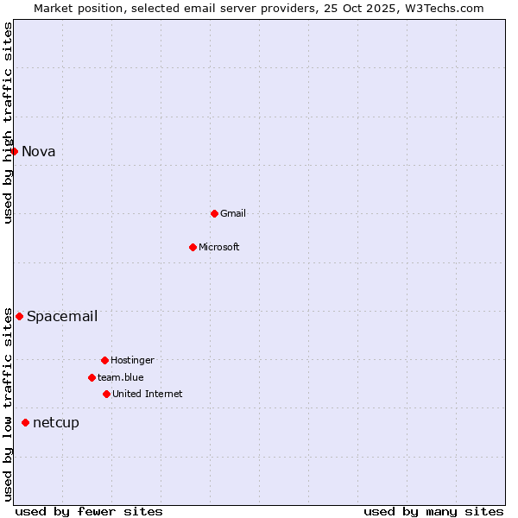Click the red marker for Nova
point(14,151)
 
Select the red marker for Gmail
point(214,213)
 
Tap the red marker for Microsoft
point(193,247)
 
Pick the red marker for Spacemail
point(19,316)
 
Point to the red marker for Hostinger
point(104,360)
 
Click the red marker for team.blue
point(92,377)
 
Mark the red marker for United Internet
point(106,394)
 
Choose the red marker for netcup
point(25,422)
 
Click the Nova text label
point(39,152)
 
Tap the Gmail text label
point(233,213)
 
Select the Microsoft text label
point(219,247)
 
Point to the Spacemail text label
point(62,316)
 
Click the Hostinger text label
point(132,360)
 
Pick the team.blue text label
point(121,377)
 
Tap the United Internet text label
point(148,394)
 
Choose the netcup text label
point(56,422)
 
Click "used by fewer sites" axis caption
point(89,511)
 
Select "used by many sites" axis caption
point(433,511)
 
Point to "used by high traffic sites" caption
point(8,123)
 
